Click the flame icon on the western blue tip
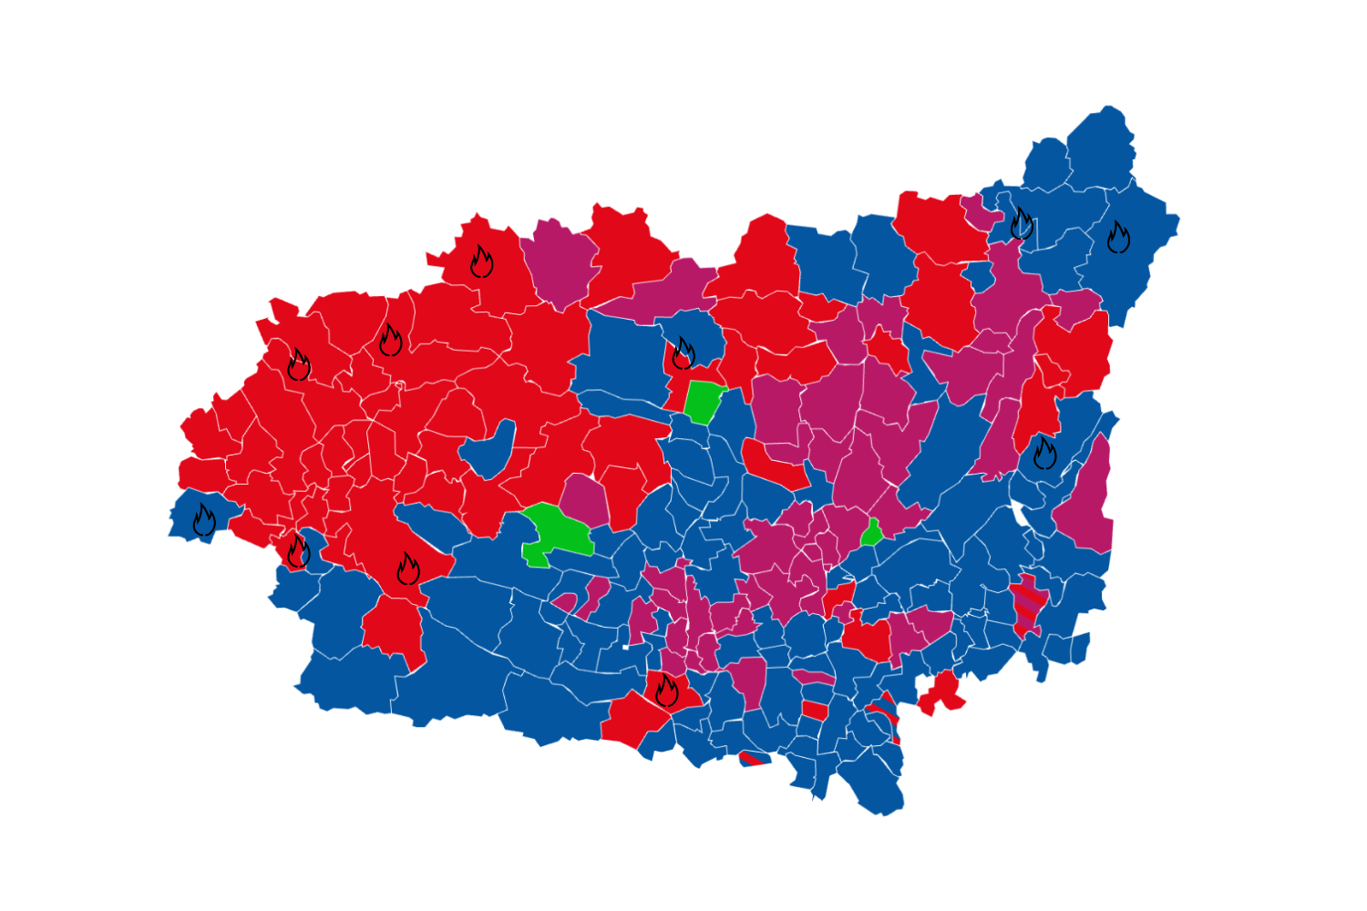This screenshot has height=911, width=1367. tap(204, 520)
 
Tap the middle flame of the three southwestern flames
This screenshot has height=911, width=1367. tap(298, 551)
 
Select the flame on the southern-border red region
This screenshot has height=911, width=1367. tap(666, 691)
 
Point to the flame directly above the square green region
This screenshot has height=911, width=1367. tap(683, 353)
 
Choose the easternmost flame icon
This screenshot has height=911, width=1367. tap(1118, 237)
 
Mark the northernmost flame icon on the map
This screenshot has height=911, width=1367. tap(1022, 223)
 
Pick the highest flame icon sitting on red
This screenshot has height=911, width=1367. tap(481, 261)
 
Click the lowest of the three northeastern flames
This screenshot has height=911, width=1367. tap(1044, 453)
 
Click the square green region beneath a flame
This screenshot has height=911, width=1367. tap(704, 402)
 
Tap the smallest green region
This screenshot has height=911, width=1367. tap(872, 533)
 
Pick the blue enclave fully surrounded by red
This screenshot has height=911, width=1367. tap(488, 450)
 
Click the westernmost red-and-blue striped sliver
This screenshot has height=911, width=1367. tap(753, 758)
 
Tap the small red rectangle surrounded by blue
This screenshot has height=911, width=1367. tap(815, 711)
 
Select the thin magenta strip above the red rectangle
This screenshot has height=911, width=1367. tap(813, 678)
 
